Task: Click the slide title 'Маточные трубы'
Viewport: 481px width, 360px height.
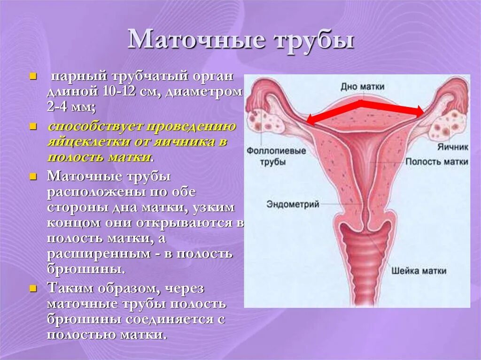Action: [240, 40]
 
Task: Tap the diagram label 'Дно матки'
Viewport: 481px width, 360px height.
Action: [363, 87]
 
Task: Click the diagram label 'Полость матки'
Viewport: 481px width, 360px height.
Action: [437, 161]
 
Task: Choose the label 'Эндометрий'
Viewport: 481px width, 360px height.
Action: [293, 204]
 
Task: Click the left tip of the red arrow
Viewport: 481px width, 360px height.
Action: [308, 123]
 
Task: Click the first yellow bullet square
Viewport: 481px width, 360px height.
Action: [33, 76]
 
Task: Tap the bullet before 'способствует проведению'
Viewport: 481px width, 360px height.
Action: [33, 127]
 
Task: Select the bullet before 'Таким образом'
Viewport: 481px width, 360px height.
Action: [33, 288]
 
